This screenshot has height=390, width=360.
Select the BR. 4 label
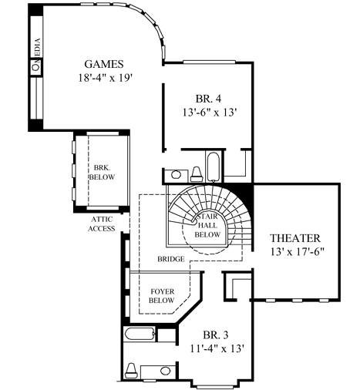pyautogui.click(x=207, y=99)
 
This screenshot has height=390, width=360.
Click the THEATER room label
pyautogui.click(x=294, y=237)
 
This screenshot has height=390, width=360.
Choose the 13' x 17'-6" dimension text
pyautogui.click(x=294, y=251)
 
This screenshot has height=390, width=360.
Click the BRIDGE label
pyautogui.click(x=170, y=260)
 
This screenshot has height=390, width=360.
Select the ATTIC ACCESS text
pyautogui.click(x=101, y=224)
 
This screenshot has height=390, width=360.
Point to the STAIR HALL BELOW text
pyautogui.click(x=207, y=224)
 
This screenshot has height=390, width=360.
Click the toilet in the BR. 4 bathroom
pyautogui.click(x=194, y=171)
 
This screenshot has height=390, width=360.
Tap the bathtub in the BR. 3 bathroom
pyautogui.click(x=139, y=335)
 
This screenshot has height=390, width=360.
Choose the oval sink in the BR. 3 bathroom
pyautogui.click(x=164, y=335)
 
